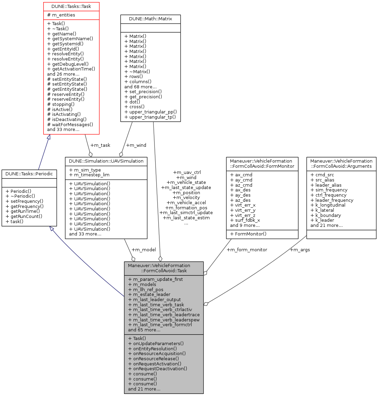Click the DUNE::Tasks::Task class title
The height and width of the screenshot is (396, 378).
[71, 6]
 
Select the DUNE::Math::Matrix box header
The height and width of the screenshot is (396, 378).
[150, 19]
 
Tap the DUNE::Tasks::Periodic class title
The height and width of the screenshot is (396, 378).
[29, 174]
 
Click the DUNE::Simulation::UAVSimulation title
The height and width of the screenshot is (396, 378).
[106, 161]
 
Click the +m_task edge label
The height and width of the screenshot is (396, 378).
[100, 145]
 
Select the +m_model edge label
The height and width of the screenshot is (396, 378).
[144, 250]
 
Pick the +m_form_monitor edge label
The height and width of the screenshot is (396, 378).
[247, 250]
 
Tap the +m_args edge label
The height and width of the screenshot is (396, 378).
[300, 250]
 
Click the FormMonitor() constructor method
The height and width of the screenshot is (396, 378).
[248, 234]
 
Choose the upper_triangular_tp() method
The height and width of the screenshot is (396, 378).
[150, 117]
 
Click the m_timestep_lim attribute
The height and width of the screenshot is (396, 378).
[89, 175]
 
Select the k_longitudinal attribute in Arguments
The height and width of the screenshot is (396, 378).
[328, 205]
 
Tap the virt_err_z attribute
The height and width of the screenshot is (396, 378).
[243, 215]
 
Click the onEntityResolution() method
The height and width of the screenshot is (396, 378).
[152, 348]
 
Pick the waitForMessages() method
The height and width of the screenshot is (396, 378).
[70, 124]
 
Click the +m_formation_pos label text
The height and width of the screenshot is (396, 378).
[186, 208]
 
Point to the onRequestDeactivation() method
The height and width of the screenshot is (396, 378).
[158, 368]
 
